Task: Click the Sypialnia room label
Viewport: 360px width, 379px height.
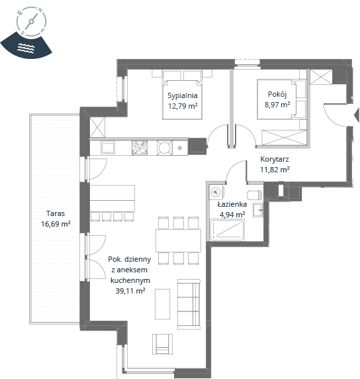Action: point(183,95)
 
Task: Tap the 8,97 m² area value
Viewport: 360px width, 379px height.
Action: point(277,105)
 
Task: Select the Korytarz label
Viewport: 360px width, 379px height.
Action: point(275,159)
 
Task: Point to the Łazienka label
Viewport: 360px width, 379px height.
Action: point(232,204)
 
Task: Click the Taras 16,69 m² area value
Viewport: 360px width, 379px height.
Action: point(56,224)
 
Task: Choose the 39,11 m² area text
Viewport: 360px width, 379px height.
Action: point(130,290)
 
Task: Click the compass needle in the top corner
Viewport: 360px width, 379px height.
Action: point(31,21)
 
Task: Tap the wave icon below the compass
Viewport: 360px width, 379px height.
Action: point(26,48)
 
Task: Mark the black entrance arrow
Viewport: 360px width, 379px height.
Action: point(357,115)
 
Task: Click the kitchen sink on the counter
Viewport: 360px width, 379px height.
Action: point(108,148)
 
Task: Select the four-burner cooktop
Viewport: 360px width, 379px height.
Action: point(140,148)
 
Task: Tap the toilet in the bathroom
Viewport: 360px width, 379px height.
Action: point(254,195)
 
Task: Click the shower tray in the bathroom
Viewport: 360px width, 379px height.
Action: point(227,230)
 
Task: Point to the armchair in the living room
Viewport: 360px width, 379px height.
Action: point(162,344)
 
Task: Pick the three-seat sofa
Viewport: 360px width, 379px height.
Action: point(189,304)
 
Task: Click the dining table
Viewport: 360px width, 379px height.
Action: point(178,241)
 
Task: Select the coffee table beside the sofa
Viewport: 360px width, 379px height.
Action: point(162,304)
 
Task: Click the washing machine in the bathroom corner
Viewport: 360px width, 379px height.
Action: point(216,192)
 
